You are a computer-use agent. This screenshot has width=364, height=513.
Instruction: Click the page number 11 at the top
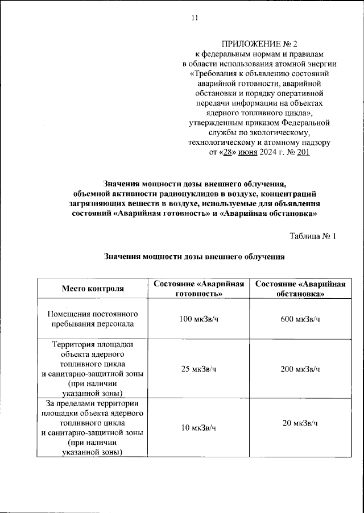point(194,18)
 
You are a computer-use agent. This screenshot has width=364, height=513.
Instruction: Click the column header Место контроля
point(93,289)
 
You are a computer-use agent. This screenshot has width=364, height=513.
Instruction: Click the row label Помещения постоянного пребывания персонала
point(93,319)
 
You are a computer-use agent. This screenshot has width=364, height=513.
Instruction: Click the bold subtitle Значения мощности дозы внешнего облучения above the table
point(194,257)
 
